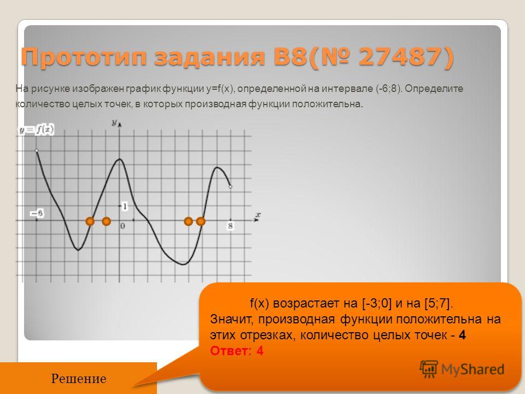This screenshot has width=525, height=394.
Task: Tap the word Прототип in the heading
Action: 84,57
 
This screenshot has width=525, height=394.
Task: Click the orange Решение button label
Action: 79,379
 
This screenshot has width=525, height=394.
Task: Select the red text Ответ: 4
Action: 237,351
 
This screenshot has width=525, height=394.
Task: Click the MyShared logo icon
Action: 429,369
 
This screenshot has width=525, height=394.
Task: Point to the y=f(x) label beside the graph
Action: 37,130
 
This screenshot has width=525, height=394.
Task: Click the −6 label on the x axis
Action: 37,213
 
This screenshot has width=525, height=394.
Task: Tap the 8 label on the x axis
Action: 230,226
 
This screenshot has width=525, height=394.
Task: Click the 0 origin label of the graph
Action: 122,226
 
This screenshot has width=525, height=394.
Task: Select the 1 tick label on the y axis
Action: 125,206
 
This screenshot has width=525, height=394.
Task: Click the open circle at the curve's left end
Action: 37,150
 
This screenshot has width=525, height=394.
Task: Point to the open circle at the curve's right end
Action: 230,187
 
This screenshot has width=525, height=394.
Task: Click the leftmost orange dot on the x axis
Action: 90,221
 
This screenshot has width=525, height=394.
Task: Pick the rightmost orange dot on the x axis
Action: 200,221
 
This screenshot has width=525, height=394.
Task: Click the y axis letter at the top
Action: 114,123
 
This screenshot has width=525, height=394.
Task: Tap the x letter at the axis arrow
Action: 258,215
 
